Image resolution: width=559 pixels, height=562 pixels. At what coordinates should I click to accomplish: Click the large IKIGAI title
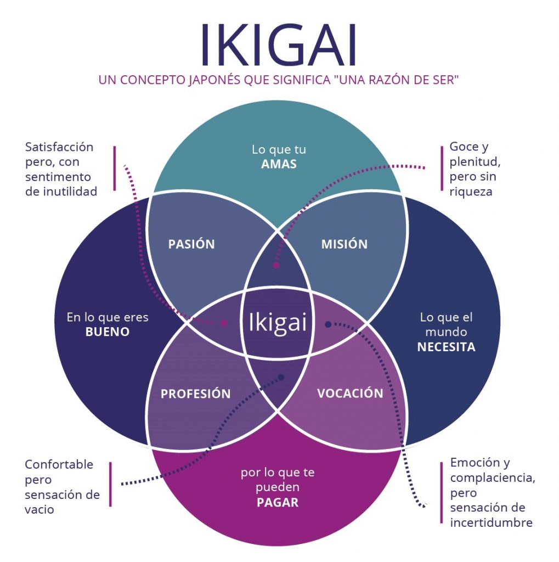[x=279, y=44]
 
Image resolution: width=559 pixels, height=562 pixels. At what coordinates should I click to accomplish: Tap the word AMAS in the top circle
[x=279, y=164]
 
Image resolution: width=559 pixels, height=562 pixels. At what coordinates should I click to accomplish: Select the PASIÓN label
[x=191, y=244]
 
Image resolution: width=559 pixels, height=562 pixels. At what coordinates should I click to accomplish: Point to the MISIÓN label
[x=344, y=244]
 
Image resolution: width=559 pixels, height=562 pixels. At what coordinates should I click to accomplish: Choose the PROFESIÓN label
[x=195, y=394]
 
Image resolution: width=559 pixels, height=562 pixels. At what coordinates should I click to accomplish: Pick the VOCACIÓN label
[x=350, y=393]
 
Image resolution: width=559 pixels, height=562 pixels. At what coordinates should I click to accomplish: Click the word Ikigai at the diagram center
[x=278, y=322]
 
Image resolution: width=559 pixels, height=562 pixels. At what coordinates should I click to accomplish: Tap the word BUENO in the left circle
[x=108, y=332]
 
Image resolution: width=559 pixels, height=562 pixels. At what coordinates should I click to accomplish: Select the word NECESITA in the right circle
[x=446, y=347]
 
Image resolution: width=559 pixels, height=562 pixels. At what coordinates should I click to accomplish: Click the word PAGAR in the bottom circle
[x=278, y=502]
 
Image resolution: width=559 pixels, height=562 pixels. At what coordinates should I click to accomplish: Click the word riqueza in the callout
[x=470, y=192]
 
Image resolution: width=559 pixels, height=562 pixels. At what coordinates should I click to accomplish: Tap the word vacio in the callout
[x=39, y=509]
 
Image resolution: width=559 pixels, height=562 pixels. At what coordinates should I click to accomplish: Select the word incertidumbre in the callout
[x=491, y=522]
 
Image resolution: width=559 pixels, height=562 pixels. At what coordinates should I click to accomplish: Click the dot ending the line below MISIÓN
[x=276, y=265]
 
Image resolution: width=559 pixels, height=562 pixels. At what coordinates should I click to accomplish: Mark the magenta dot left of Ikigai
[x=224, y=323]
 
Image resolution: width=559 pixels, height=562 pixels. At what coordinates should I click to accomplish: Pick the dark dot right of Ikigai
[x=328, y=324]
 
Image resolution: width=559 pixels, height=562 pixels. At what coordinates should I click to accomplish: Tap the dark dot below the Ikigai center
[x=281, y=378]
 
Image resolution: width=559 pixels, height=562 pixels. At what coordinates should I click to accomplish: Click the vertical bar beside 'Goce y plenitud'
[x=442, y=168]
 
